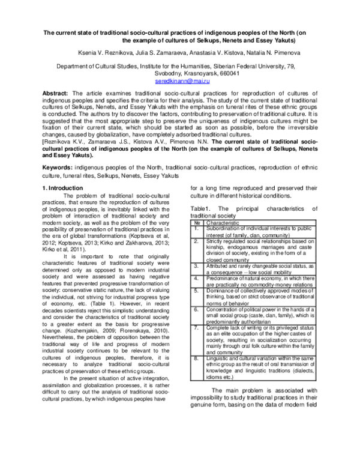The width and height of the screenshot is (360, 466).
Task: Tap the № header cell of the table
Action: pos(196,222)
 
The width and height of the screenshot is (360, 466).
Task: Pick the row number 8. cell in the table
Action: pos(196,357)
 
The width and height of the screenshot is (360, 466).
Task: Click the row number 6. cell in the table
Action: pos(196,309)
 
